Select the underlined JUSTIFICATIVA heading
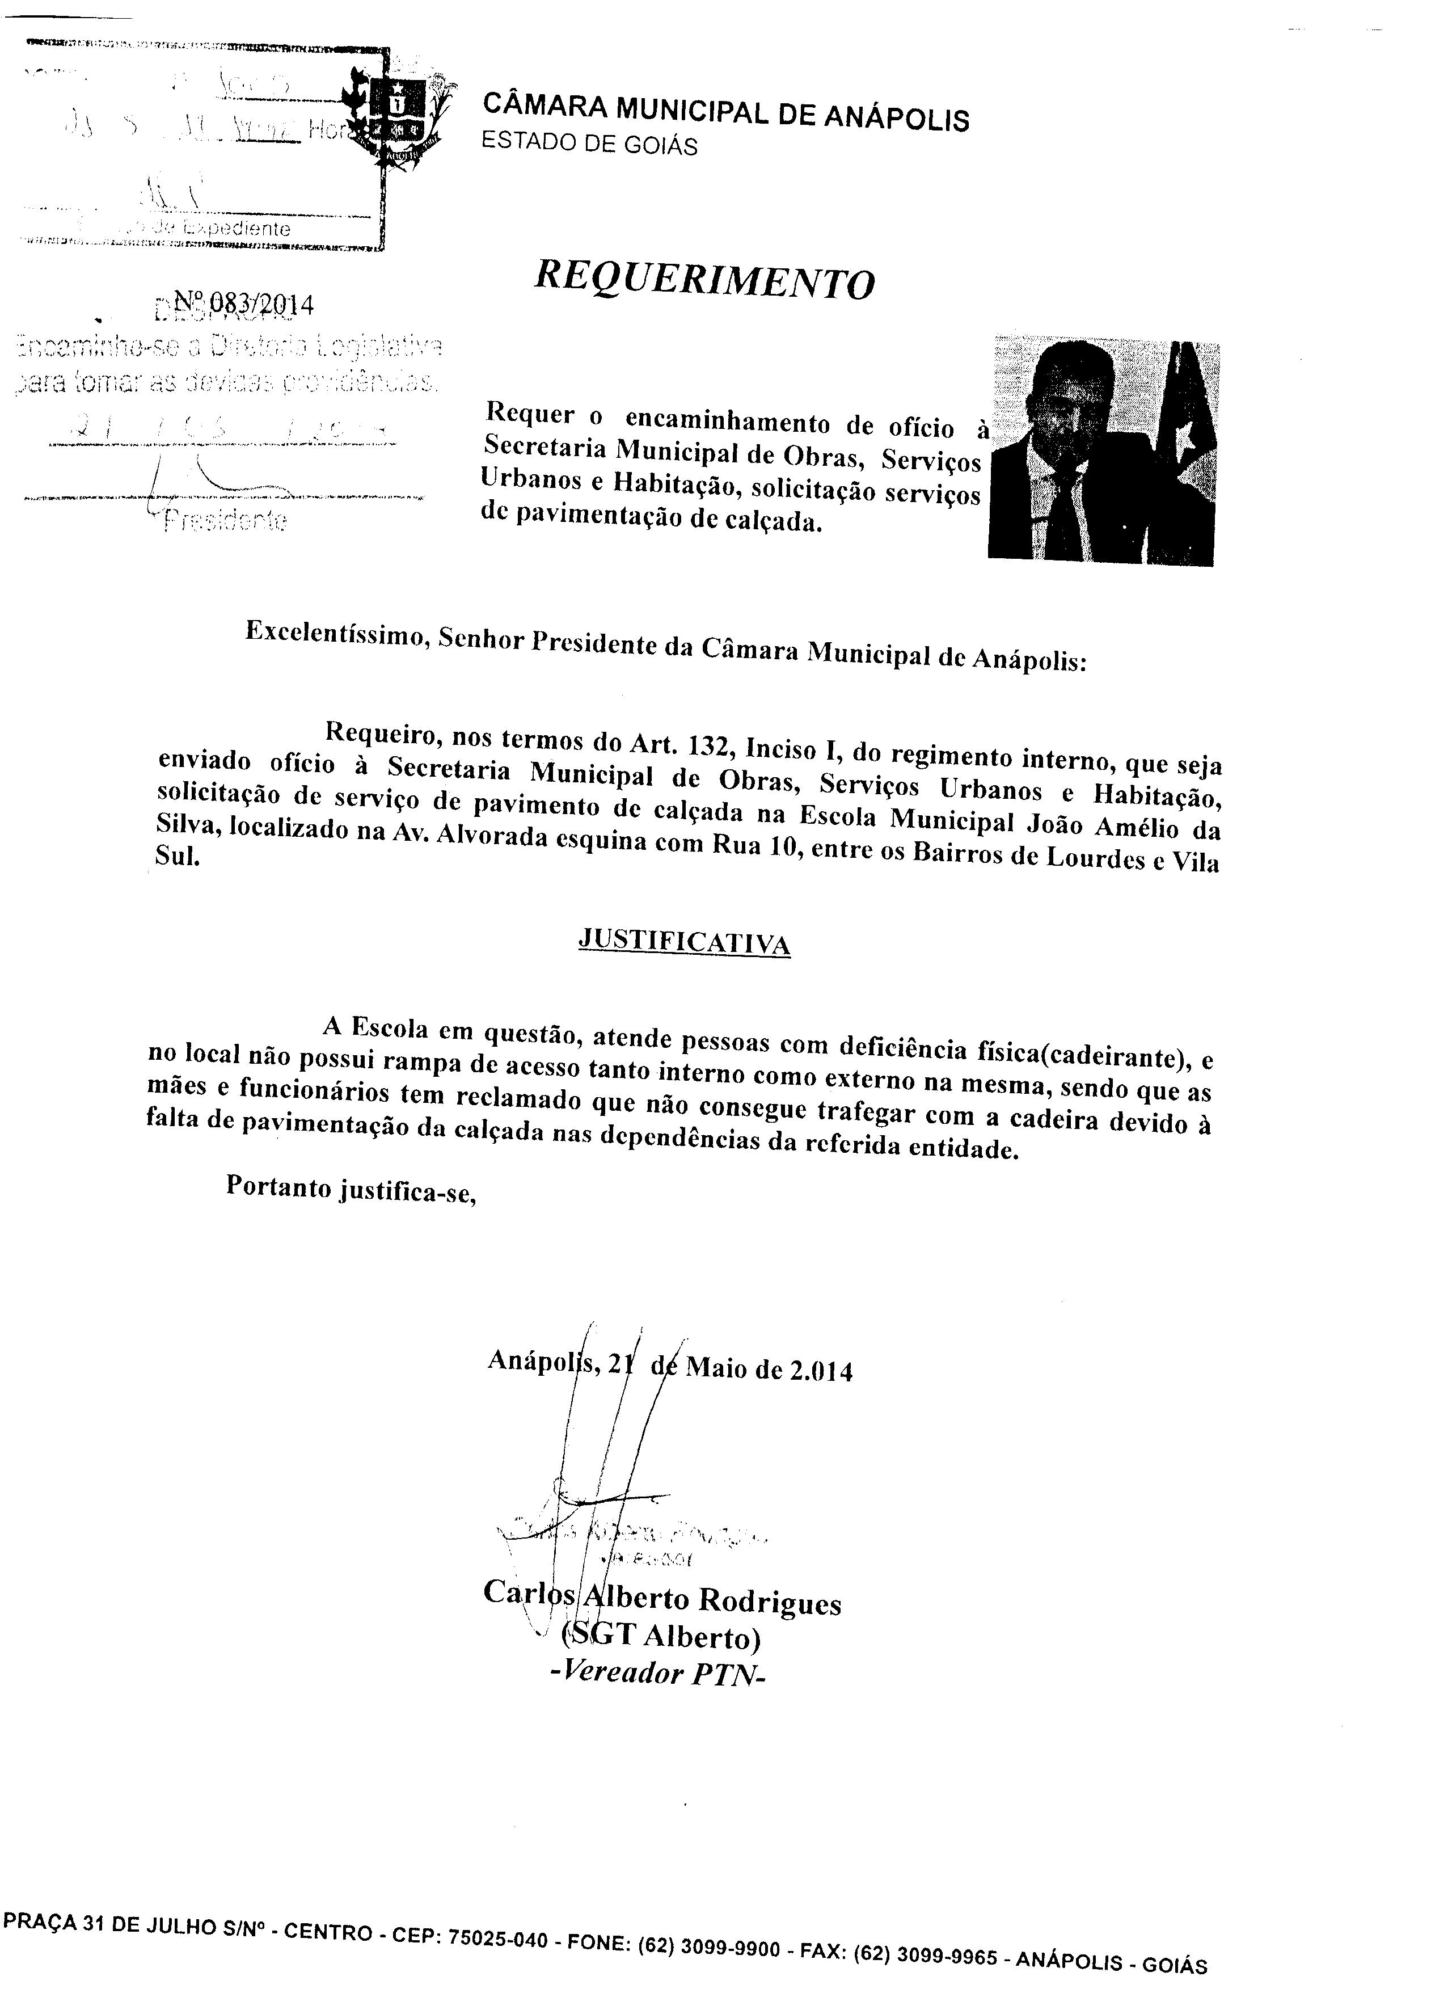click(684, 942)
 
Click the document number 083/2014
click(249, 305)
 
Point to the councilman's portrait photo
click(1103, 449)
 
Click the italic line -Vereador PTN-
click(657, 1674)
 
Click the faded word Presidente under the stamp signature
click(223, 520)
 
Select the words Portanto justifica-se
click(351, 1189)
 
